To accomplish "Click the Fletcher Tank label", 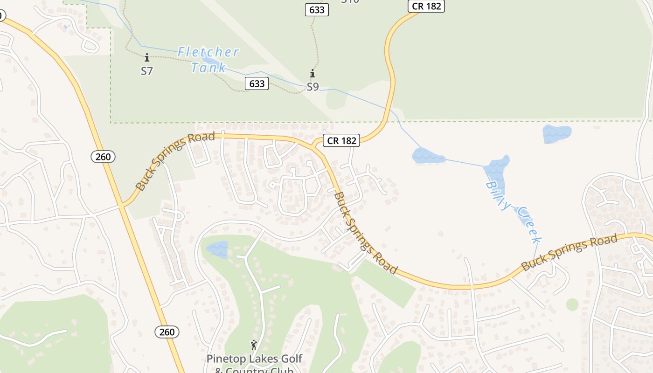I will (x=208, y=60).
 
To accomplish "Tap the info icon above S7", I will (x=147, y=58).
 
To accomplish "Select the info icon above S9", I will (x=313, y=74).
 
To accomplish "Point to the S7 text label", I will (x=147, y=71).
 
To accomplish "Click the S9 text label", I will (x=313, y=87).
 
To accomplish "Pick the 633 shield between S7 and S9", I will (x=257, y=83).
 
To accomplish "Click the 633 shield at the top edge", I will (x=317, y=9).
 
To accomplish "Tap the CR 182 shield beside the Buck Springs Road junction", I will (x=342, y=140).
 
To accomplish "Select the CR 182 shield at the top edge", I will (x=426, y=6).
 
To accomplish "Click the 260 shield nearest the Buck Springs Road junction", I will (x=103, y=157).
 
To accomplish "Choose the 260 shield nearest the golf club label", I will (x=167, y=332).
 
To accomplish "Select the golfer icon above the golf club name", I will (x=254, y=345).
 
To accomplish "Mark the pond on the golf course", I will (x=217, y=249).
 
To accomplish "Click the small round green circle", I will (x=572, y=304).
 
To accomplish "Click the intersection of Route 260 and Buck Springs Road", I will (x=122, y=205).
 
